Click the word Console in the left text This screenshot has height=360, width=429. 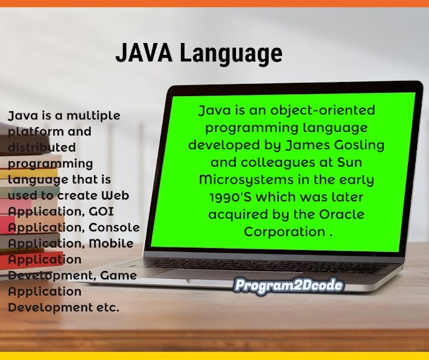click(114, 227)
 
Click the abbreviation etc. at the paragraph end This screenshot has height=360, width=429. click(108, 308)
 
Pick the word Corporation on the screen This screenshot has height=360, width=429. click(283, 232)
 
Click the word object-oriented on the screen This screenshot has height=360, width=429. click(329, 111)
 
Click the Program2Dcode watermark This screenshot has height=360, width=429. click(288, 285)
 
